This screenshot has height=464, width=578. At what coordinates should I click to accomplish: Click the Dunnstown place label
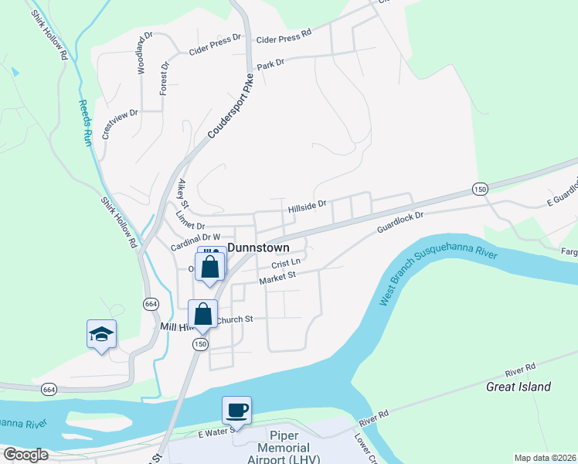pos(257,248)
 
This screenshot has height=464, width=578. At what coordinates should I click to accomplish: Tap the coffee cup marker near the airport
pos(236,410)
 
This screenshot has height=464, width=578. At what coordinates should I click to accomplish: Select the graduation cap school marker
pos(101,334)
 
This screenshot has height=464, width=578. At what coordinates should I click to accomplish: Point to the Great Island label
pos(518,387)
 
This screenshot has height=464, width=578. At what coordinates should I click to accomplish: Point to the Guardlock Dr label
pos(401,222)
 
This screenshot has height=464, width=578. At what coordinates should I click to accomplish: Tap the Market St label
pos(278,277)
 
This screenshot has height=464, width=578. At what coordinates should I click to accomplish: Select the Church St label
pos(235,319)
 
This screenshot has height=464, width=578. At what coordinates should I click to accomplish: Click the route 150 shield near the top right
pos(480,188)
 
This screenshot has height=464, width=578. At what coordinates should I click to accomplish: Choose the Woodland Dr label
pos(144,53)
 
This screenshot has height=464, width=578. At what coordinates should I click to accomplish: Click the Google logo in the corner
pos(25,454)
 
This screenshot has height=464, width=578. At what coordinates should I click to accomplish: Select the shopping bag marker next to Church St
pos(202,315)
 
